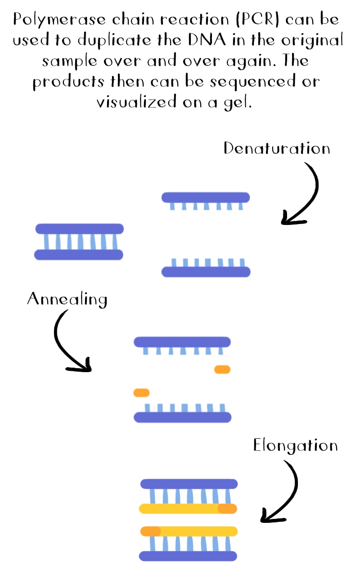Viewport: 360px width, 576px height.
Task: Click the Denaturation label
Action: (x=276, y=148)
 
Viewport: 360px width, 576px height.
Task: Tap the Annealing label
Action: (x=67, y=299)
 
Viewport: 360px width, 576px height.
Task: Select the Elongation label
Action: (x=295, y=445)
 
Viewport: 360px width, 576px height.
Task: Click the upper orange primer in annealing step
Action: (x=222, y=369)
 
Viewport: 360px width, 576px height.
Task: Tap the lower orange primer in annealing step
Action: (x=141, y=393)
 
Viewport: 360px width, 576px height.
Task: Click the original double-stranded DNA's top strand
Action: (x=79, y=229)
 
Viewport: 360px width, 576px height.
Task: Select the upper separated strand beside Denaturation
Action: (x=205, y=197)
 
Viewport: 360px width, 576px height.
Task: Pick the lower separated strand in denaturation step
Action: (x=206, y=272)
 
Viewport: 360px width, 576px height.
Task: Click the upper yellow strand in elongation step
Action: (x=180, y=509)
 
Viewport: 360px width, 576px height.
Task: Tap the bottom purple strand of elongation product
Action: (x=188, y=556)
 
